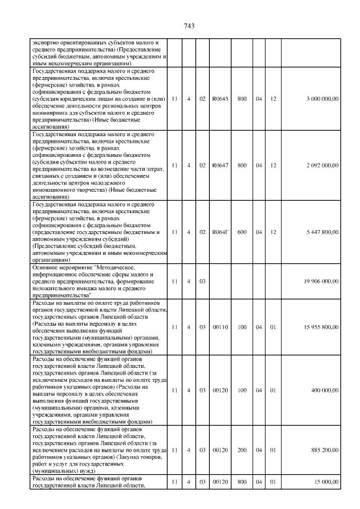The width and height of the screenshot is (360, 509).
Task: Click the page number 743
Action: [x=188, y=25]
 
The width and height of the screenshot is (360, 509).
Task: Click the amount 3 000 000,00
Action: [x=322, y=99]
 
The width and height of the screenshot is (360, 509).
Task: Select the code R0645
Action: [x=220, y=99]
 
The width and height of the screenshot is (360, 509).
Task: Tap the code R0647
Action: [x=220, y=165]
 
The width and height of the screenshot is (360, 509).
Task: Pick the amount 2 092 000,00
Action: [x=322, y=165]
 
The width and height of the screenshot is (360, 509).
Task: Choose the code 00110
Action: [x=220, y=327]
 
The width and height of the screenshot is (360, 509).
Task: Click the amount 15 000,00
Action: [x=326, y=482]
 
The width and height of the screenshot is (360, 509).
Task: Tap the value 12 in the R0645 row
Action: [x=274, y=99]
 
